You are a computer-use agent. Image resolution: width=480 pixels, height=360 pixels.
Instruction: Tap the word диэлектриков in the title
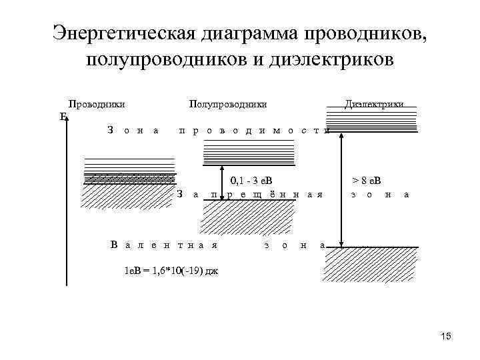click(332, 59)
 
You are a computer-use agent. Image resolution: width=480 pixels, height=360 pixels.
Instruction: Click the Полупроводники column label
click(228, 104)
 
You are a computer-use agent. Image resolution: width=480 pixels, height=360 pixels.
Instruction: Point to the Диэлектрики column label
click(374, 104)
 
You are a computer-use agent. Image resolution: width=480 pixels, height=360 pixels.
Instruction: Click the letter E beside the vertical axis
click(63, 117)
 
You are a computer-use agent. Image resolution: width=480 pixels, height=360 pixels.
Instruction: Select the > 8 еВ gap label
click(366, 181)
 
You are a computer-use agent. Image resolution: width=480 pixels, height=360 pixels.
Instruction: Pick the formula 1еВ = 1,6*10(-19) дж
click(171, 271)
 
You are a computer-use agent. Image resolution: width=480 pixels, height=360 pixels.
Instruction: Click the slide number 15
click(445, 336)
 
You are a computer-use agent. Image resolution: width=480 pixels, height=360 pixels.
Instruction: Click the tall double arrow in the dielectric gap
click(342, 190)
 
